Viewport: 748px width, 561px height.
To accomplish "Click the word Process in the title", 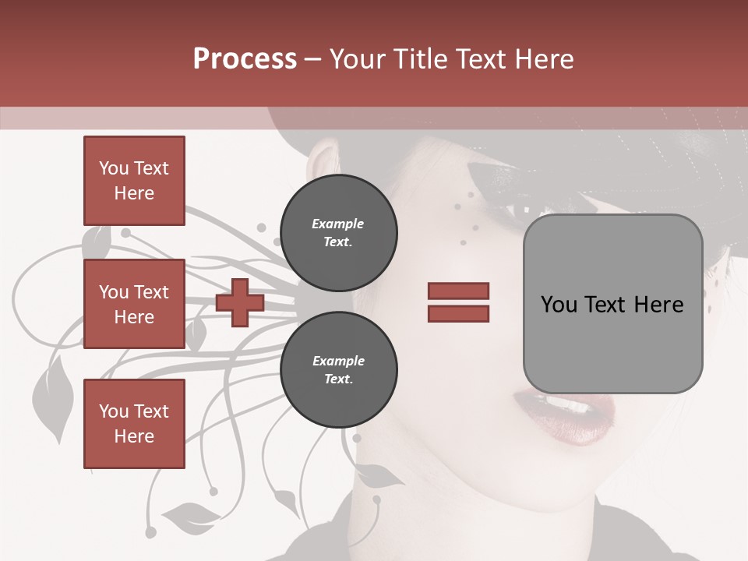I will coord(245,59).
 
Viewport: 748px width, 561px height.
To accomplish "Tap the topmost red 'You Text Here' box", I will coord(134,181).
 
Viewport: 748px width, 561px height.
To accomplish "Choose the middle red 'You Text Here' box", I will coord(134,304).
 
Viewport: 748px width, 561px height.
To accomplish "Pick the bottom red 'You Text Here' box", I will coord(134,423).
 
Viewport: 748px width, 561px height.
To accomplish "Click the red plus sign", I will coord(240,302).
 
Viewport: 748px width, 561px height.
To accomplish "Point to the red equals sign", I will coord(458,302).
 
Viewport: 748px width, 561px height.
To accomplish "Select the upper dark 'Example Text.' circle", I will coord(338,232).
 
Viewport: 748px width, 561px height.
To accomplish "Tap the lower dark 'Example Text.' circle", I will coord(338,369).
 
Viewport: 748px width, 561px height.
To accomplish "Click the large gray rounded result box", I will coord(612,304).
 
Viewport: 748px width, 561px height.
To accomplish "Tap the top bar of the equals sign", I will coord(458,291).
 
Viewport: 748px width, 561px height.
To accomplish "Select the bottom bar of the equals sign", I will coord(458,313).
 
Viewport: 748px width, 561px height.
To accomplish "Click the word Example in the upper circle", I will coord(337,224).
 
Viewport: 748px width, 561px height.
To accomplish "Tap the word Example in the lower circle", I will coord(338,361).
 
